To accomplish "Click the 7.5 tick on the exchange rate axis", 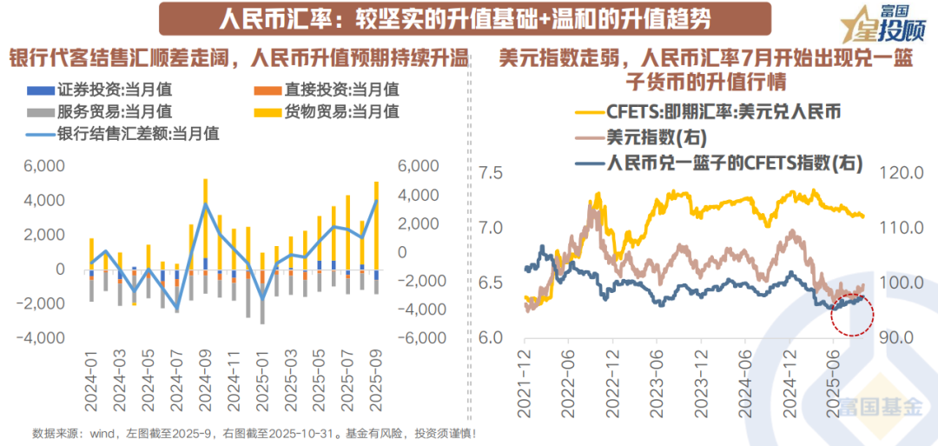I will pos(492,173).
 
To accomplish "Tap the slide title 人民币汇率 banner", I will pos(452,17).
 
